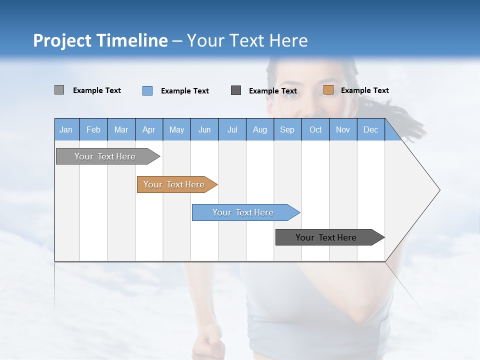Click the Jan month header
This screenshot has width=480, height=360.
point(66,129)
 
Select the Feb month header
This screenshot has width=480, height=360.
point(93,129)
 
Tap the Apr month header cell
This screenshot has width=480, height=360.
point(149,129)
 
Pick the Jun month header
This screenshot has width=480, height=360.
point(204,129)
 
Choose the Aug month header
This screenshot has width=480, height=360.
point(260,129)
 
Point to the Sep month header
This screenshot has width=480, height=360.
point(287,129)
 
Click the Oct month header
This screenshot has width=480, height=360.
point(315,129)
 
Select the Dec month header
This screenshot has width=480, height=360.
point(371,129)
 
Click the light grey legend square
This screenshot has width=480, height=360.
point(59,90)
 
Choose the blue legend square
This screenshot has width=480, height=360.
point(147,90)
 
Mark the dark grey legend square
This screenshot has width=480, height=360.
point(236,90)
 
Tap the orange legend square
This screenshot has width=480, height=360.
point(328,90)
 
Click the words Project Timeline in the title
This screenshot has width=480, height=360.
point(100,40)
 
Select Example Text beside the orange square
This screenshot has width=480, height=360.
point(365,90)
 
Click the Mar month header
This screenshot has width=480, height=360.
point(121,129)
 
